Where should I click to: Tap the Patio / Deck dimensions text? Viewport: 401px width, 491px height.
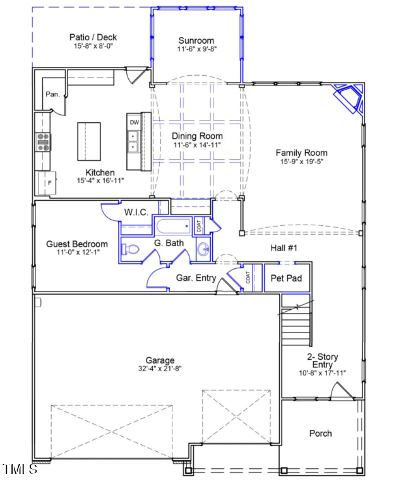coord(93,46)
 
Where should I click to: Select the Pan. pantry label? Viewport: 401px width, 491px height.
coord(52,95)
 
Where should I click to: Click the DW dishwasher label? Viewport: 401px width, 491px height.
coord(134,122)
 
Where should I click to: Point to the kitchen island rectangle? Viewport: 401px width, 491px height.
coord(89,141)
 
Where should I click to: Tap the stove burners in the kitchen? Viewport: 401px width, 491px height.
coord(43,142)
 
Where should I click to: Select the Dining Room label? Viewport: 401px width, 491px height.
coord(197,136)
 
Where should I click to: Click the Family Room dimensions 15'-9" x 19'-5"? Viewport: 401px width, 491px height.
coord(301,162)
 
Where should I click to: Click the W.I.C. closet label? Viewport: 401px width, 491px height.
coord(136,213)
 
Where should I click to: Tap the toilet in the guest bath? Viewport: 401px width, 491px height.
coord(131,249)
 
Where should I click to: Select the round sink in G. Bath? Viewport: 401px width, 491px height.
coord(203,250)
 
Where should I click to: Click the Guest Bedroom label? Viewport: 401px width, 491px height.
coord(77,244)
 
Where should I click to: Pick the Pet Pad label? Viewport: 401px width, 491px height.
coord(286,278)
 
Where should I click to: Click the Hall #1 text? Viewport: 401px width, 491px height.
coord(284,248)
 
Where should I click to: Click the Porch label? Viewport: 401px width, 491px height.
coord(320,434)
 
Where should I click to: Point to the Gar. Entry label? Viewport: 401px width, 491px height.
coord(196,278)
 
